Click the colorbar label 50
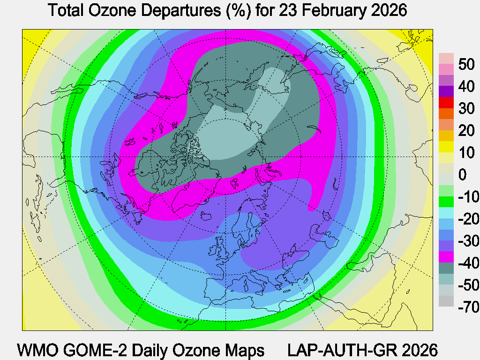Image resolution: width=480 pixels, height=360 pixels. click(x=466, y=64)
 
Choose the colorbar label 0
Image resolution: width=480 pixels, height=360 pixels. click(x=463, y=175)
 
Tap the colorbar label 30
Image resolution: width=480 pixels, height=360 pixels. click(x=466, y=108)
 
